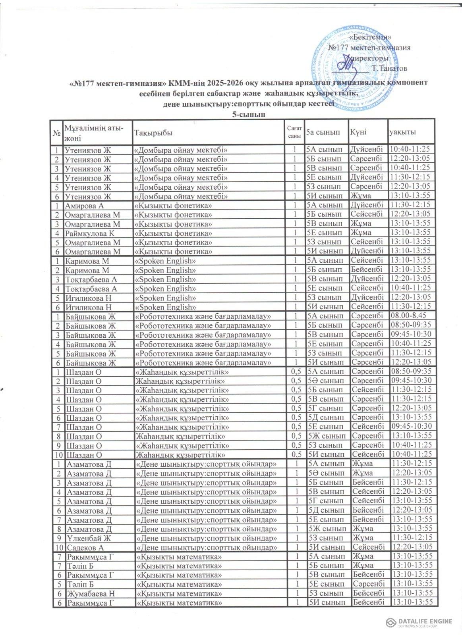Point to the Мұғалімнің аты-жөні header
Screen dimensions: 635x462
click(x=94, y=133)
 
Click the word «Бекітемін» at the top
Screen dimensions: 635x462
click(x=370, y=37)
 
